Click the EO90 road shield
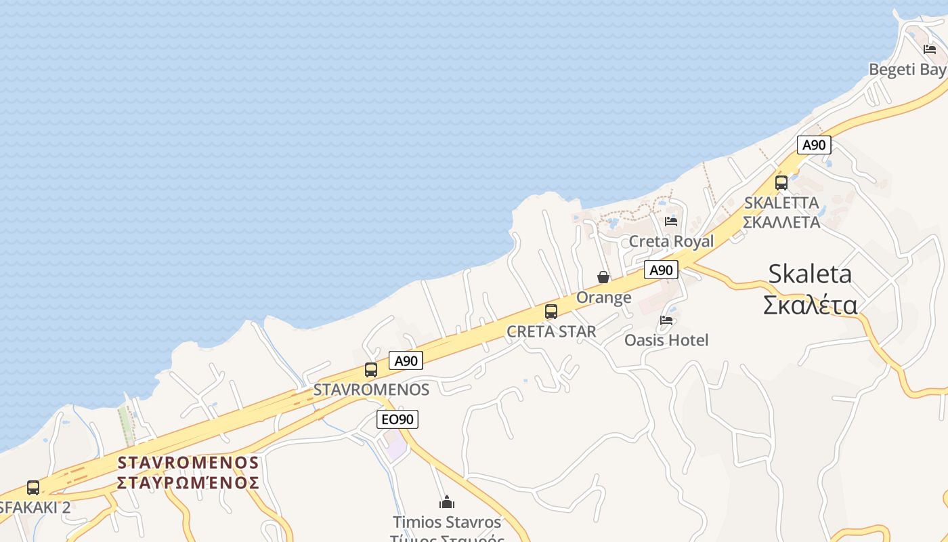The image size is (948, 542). coord(397,419)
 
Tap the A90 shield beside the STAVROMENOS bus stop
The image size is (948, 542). coord(406,360)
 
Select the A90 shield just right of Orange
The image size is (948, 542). coord(661,270)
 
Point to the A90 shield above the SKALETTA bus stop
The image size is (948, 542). coord(814,144)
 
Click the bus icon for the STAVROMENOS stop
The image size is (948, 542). coord(371,370)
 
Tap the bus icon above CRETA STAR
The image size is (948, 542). coord(551,312)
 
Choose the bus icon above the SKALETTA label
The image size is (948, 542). coord(781,183)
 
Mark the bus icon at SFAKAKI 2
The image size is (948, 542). coord(33,488)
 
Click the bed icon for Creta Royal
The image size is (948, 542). coord(671,222)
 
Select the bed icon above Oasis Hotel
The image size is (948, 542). coord(667,320)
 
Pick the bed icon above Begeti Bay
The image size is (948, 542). coord(930,49)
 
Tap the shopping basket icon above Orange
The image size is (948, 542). coord(603,277)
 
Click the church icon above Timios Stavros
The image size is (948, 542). coord(447,502)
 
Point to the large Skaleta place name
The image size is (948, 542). coord(810,274)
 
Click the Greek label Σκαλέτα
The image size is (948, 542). coord(810,306)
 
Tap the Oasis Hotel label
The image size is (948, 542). coord(666,340)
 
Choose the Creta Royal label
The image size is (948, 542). coord(671,241)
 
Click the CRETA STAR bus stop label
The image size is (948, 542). coord(551,331)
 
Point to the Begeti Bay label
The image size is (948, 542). coord(907,69)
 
